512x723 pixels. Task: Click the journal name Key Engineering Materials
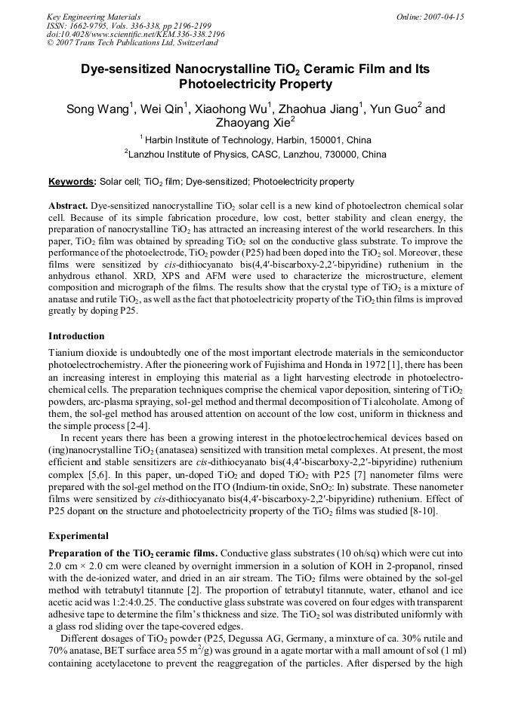94,17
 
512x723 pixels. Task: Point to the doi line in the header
135,34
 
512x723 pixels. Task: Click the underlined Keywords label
72,182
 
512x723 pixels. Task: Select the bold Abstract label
68,206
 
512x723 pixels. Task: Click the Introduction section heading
76,335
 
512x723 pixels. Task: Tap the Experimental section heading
78,536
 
